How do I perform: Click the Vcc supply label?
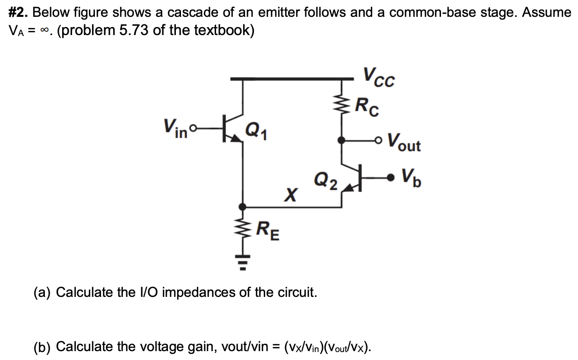pyautogui.click(x=379, y=78)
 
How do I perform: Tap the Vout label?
pyautogui.click(x=405, y=141)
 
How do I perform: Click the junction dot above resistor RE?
pyautogui.click(x=242, y=206)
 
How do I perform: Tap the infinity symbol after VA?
pyautogui.click(x=44, y=31)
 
